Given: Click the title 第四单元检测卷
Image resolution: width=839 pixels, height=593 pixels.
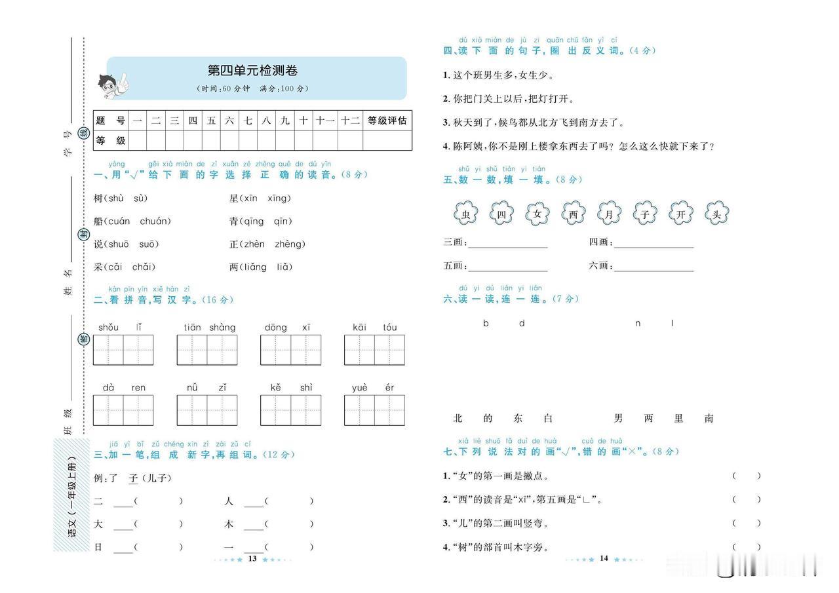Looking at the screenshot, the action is tap(252, 71).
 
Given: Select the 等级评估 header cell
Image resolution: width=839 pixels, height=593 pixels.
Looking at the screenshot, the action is tap(387, 121).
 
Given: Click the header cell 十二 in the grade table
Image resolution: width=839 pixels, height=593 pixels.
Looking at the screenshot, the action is tap(350, 121).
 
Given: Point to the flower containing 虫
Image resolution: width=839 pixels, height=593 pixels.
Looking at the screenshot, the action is tap(465, 213).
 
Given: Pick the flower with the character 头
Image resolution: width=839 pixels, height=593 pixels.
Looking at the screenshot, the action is tap(716, 213).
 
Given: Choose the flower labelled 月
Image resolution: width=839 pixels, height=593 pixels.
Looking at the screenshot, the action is tap(609, 213).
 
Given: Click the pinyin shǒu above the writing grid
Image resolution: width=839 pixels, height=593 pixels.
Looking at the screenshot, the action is tap(108, 327).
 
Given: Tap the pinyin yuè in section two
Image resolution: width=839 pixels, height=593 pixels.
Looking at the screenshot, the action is tap(360, 387).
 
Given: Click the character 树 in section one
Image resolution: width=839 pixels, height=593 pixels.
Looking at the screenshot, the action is tap(98, 198).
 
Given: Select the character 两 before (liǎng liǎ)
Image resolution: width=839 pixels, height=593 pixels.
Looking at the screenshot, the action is tap(234, 267).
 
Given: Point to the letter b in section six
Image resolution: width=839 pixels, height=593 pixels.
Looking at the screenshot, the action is tap(486, 323).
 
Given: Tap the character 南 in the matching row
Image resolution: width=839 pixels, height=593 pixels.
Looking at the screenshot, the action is tap(709, 418).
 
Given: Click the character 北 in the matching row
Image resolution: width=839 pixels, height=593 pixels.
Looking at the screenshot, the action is tap(458, 418).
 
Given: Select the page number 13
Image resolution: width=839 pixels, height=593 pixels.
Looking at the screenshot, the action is tap(252, 558).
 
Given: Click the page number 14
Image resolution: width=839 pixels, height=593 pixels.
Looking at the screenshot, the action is tap(604, 558).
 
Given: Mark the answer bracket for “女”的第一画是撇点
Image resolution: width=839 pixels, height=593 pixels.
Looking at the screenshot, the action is tap(747, 476).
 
